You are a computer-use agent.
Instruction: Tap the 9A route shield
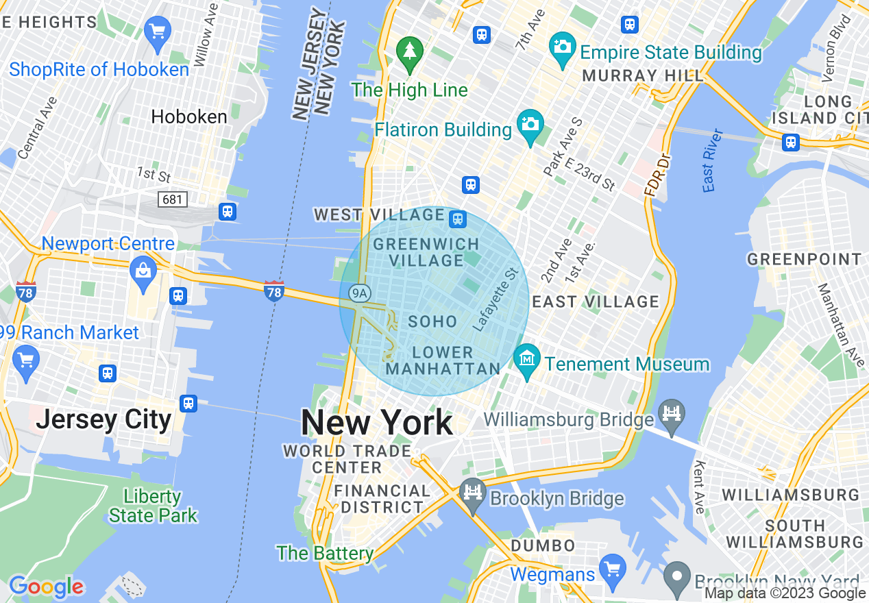[359, 293]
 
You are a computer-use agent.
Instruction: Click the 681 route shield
[172, 199]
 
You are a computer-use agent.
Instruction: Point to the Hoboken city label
[189, 116]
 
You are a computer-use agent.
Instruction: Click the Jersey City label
[103, 419]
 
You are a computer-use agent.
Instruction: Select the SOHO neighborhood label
[432, 321]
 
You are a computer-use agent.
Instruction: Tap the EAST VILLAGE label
[595, 301]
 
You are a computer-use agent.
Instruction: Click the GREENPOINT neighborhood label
[804, 259]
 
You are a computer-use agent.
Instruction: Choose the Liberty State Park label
[153, 506]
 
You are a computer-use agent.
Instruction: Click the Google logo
[46, 587]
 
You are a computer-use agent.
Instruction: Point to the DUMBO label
[543, 545]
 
